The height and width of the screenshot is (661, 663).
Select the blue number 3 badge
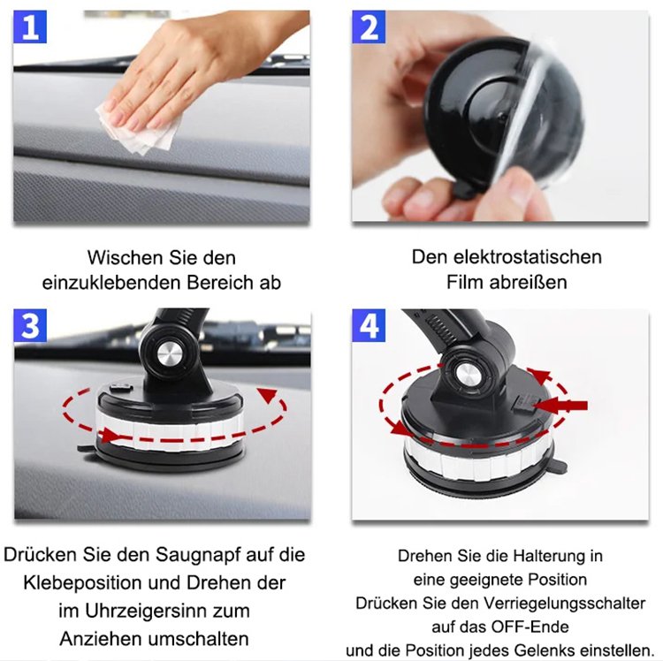31,326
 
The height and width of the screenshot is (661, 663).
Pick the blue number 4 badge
369,326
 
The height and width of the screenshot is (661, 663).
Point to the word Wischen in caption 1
123,258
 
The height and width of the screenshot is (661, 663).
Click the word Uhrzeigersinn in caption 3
166,611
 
